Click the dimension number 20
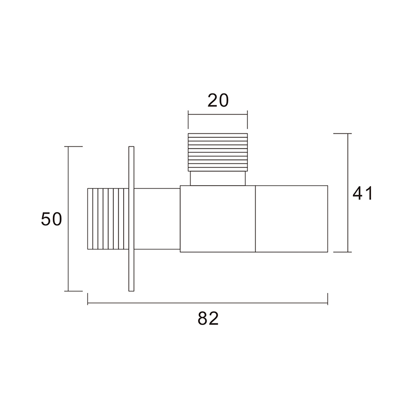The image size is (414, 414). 218,100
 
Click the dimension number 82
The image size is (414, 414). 208,318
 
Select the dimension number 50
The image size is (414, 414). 51,219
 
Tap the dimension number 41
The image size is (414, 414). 363,193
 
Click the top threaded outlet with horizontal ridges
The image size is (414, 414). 218,152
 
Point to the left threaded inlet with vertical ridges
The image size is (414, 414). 108,218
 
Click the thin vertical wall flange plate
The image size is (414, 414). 131,218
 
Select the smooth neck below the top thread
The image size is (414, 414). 218,178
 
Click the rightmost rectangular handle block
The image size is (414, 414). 291,218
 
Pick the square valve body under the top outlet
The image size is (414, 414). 218,218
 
